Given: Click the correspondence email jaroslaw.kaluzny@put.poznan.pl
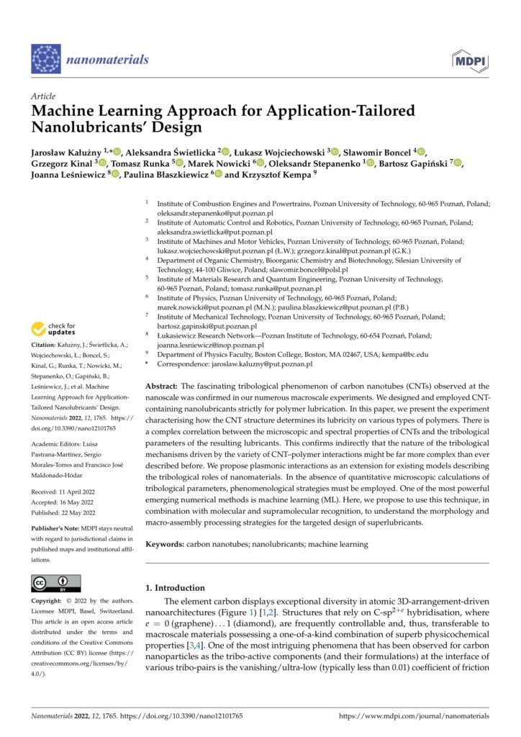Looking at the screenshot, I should (261, 364).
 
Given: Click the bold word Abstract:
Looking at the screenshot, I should (165, 386).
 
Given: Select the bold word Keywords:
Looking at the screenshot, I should (165, 544).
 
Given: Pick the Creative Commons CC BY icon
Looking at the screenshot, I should (57, 582).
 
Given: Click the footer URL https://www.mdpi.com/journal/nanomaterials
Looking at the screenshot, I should (414, 716).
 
